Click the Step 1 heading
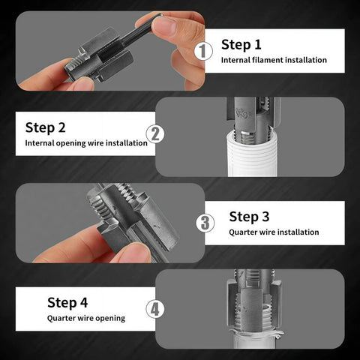click(241, 44)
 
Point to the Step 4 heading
click(67, 302)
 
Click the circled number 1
click(203, 51)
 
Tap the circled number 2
click(155, 134)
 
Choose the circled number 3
click(205, 223)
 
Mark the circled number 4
click(154, 309)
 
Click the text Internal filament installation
click(274, 60)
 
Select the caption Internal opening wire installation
click(86, 142)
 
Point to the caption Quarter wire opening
click(86, 318)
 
